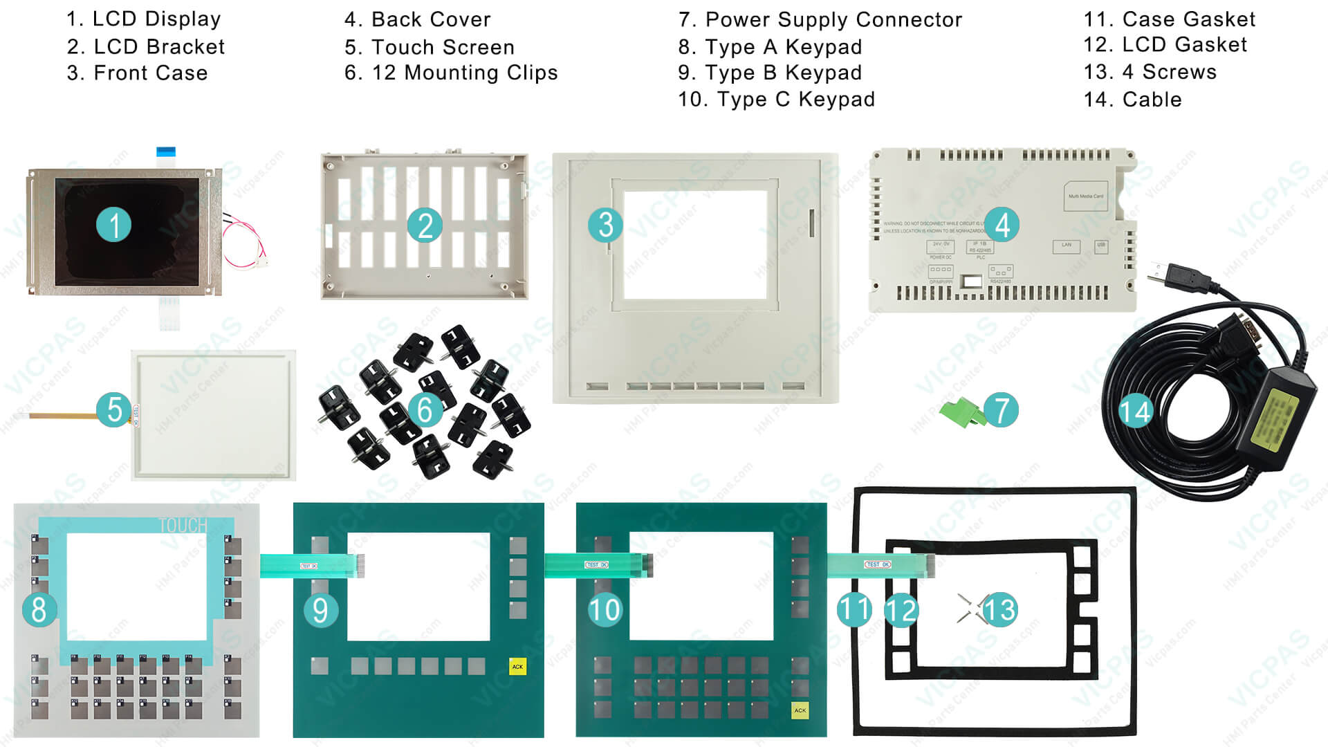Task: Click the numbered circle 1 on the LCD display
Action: pos(114,225)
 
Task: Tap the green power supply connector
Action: pos(963,414)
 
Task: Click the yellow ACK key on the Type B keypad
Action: pos(517,666)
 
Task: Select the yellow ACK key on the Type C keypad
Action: pos(800,710)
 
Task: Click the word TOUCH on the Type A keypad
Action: pos(183,526)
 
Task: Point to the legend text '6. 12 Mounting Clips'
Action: pos(451,73)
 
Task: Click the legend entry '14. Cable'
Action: pos(1132,100)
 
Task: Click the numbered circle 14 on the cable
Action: pos(1135,412)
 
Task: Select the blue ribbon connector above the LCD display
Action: pos(166,151)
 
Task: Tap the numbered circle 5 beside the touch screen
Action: pos(114,409)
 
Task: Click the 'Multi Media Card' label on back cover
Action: pos(1085,196)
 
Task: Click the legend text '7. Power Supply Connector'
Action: pos(820,20)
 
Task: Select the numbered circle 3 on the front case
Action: pos(606,225)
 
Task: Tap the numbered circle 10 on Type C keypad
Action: pos(605,610)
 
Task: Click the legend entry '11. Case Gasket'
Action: pos(1169,19)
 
